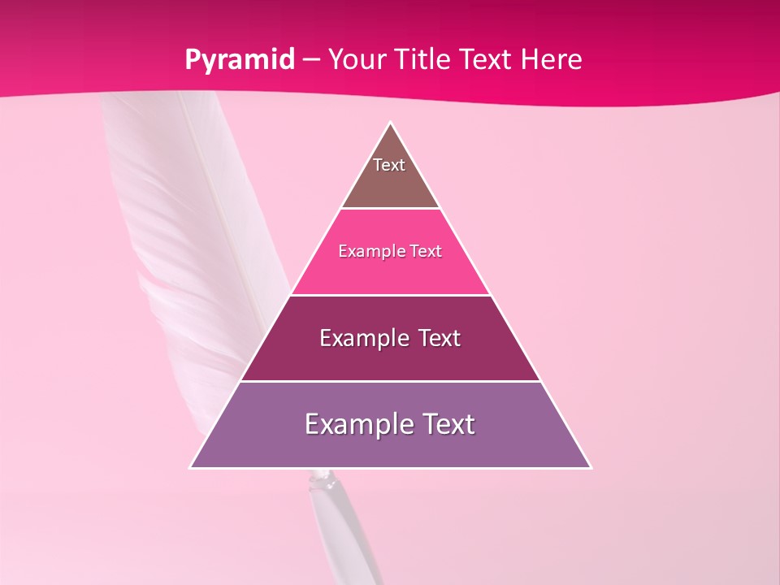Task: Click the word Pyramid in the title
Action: (x=239, y=60)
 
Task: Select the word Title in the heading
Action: (x=425, y=59)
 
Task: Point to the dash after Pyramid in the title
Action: (x=310, y=60)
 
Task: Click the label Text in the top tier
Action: (x=389, y=165)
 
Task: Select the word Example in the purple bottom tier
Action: (x=355, y=424)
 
